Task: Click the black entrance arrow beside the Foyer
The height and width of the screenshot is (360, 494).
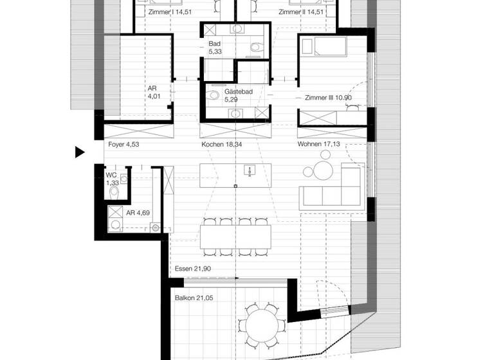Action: point(80,152)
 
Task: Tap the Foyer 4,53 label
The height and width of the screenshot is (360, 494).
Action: point(123,145)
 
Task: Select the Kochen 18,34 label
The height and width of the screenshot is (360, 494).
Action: point(221,145)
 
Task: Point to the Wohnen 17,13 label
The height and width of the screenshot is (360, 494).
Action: point(318,145)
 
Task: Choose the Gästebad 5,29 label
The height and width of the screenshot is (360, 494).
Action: point(237,96)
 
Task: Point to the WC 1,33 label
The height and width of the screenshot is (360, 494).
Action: point(112,179)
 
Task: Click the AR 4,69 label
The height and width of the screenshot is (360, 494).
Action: point(138,213)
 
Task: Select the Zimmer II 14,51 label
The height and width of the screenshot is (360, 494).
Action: point(300,12)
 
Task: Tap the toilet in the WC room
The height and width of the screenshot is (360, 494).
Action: point(114,192)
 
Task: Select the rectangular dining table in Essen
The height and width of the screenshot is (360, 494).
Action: point(235,236)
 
